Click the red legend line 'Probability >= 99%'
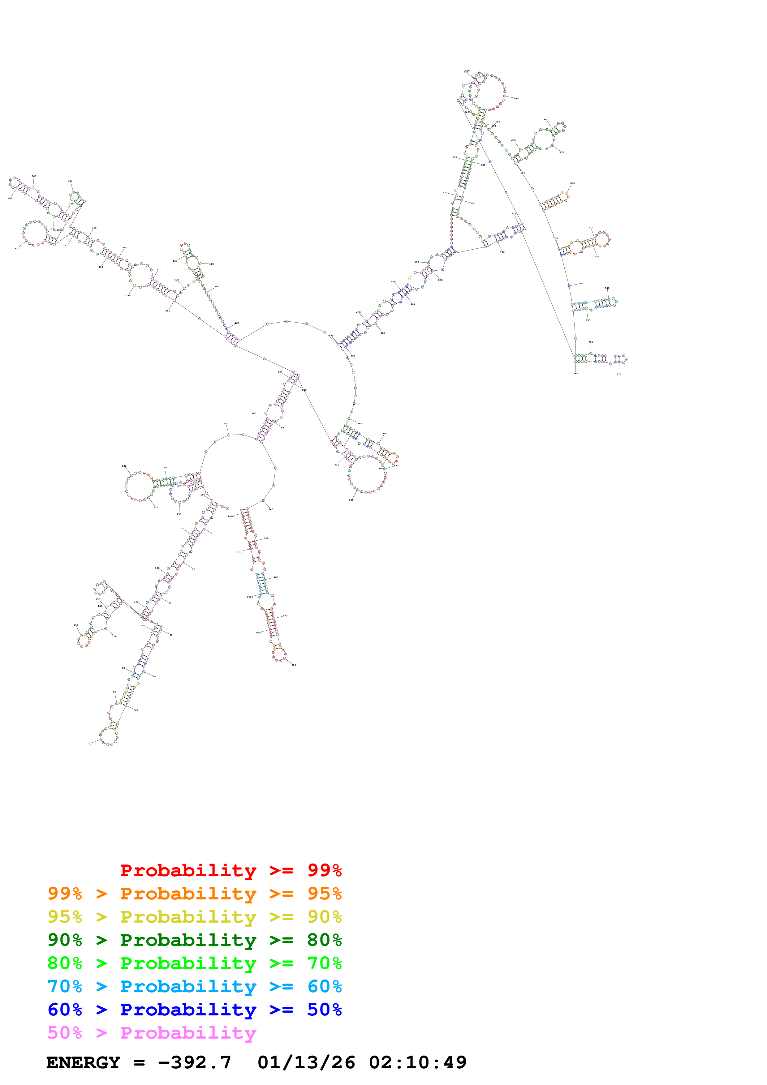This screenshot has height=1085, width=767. (231, 870)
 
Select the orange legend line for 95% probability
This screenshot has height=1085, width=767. (194, 893)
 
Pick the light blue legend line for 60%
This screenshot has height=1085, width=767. (194, 986)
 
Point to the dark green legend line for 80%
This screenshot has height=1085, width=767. (194, 940)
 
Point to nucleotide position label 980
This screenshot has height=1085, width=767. (294, 665)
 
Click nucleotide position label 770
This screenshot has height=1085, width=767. (618, 374)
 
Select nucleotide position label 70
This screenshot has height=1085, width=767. (90, 743)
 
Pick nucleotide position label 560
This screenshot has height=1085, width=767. (516, 99)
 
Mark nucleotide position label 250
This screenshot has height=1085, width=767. (226, 424)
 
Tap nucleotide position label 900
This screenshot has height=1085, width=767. (351, 500)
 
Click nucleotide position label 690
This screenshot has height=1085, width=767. (572, 183)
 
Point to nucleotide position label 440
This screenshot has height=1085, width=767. (211, 264)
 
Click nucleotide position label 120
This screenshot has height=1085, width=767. (75, 625)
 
